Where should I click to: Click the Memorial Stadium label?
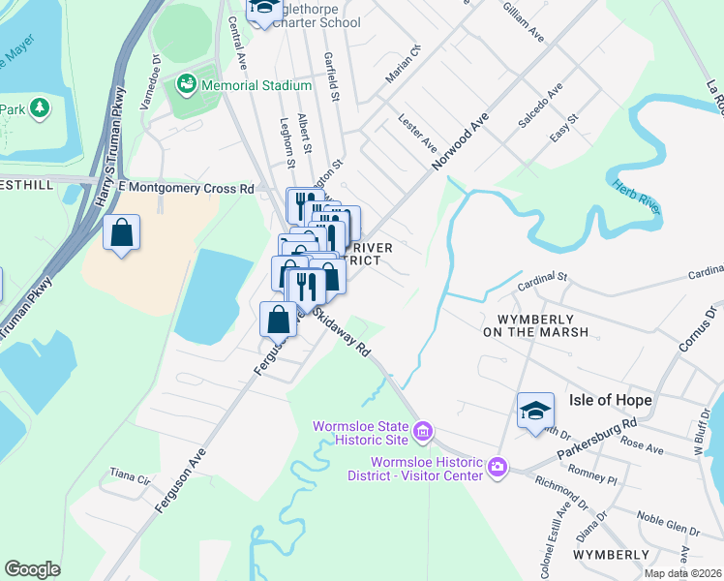coord(256,85)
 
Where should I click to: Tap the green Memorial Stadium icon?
coord(185,85)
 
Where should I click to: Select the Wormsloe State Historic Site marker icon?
coord(422,430)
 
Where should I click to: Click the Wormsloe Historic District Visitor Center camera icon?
coord(498,468)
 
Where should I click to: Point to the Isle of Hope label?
coord(611,400)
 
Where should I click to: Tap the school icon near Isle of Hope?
coord(535,412)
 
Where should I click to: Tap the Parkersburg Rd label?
coord(597,439)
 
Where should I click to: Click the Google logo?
coord(32,569)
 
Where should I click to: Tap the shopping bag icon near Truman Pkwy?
coord(121,233)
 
